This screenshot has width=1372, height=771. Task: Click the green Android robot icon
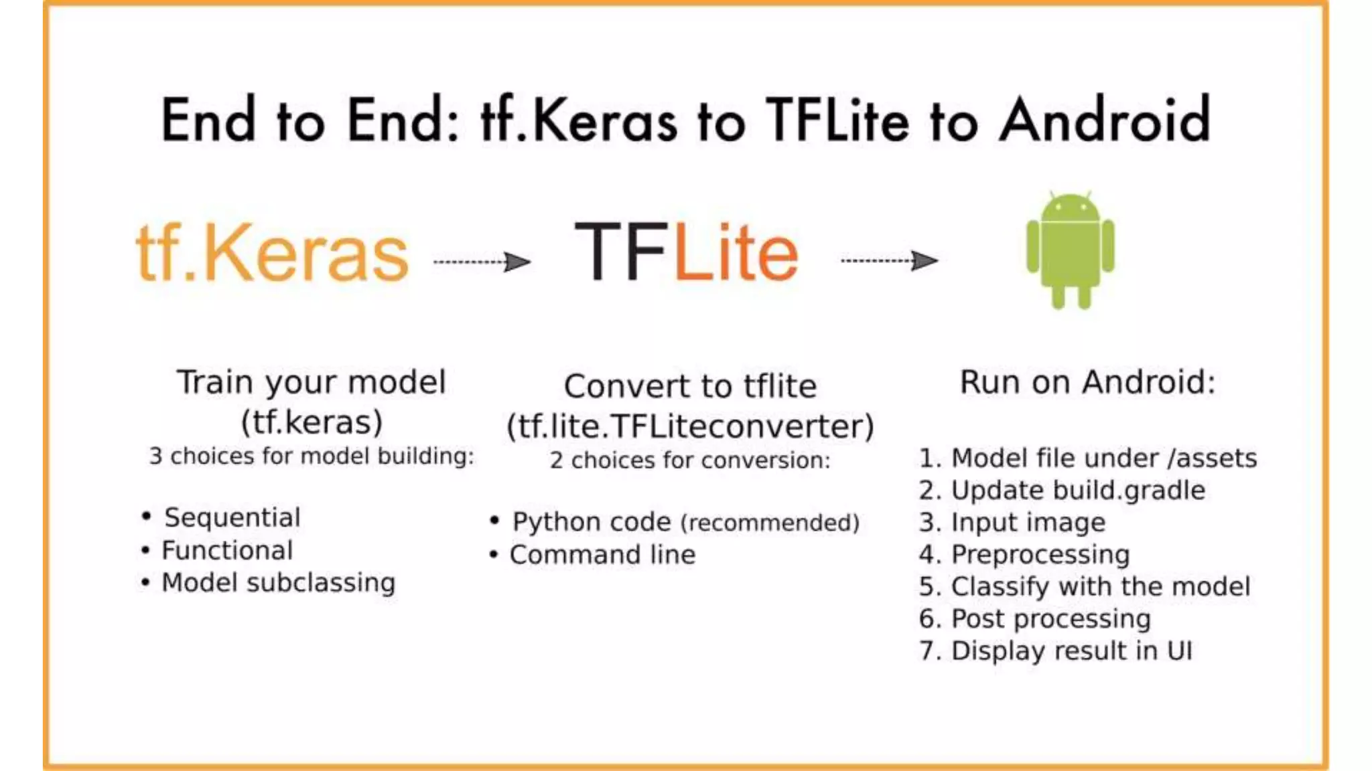pyautogui.click(x=1070, y=250)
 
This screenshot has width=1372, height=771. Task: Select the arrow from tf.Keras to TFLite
pyautogui.click(x=482, y=262)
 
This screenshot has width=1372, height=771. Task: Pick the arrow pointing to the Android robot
pyautogui.click(x=890, y=260)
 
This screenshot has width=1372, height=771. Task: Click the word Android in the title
pyautogui.click(x=1105, y=120)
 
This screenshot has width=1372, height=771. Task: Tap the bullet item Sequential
pyautogui.click(x=232, y=517)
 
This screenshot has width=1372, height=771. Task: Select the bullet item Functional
pyautogui.click(x=227, y=550)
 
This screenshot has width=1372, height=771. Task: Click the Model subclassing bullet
pyautogui.click(x=278, y=582)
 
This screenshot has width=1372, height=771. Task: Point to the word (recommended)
pyautogui.click(x=770, y=523)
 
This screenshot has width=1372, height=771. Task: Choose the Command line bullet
pyautogui.click(x=602, y=554)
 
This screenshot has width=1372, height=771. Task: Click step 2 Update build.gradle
pyautogui.click(x=1062, y=490)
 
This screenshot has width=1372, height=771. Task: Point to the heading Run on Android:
pyautogui.click(x=1087, y=382)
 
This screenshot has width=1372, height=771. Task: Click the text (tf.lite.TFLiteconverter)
pyautogui.click(x=690, y=426)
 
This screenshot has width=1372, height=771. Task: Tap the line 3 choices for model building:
pyautogui.click(x=312, y=456)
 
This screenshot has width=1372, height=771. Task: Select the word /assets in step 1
pyautogui.click(x=1212, y=458)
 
